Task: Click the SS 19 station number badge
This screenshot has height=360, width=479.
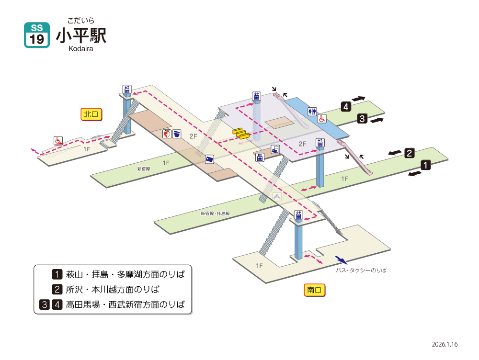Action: coord(37,35)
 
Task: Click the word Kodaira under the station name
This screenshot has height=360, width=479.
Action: coord(80,49)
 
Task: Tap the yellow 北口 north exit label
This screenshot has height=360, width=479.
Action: coord(91,114)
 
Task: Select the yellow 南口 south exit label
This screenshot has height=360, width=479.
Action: coord(314,290)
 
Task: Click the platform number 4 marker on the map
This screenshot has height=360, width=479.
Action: coord(346,107)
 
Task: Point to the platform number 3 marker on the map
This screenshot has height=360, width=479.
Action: coord(362,118)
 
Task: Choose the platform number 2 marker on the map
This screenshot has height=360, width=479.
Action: coord(410,153)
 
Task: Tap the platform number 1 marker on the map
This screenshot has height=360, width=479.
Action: coord(425,165)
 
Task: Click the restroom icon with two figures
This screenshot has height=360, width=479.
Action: coord(312,112)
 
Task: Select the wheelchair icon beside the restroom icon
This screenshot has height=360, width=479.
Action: coord(322,118)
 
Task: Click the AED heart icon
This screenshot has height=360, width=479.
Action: coord(167,134)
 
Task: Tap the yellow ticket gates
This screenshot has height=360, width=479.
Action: coord(241,134)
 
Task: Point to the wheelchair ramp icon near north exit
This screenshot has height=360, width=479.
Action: coord(58,141)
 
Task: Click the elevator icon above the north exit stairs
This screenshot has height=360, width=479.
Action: coord(127,90)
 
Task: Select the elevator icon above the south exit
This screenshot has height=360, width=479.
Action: coord(298,215)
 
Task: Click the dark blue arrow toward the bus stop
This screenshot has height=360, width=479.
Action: coord(341,260)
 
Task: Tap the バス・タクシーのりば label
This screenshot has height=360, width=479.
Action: coord(361,270)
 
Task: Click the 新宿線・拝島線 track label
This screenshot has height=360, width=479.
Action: coord(215,214)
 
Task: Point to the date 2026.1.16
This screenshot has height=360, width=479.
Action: coord(445,344)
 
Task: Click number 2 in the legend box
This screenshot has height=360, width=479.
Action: coord(57,289)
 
